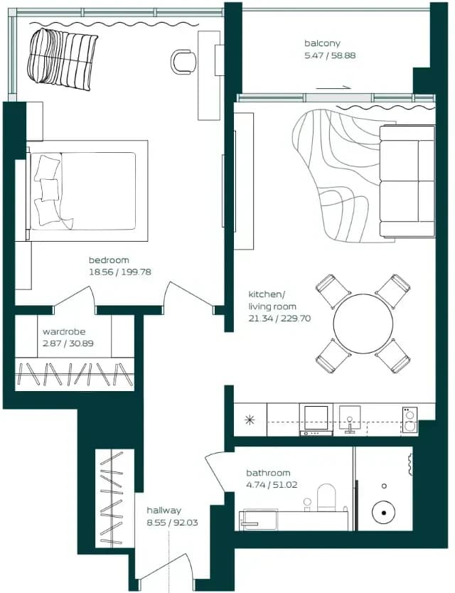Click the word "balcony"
click(x=322, y=43)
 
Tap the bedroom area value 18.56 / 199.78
click(x=120, y=272)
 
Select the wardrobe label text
click(x=64, y=331)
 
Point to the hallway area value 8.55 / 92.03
click(x=172, y=523)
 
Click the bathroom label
click(x=268, y=473)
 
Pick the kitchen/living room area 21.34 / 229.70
click(x=279, y=319)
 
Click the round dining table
click(x=363, y=324)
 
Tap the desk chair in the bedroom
click(x=184, y=61)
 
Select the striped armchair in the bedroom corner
click(x=63, y=59)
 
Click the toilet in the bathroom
click(x=326, y=497)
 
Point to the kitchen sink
click(x=350, y=419)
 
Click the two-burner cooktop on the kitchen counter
click(x=409, y=420)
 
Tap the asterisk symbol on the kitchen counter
click(x=250, y=420)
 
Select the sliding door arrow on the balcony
click(x=334, y=87)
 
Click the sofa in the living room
click(x=407, y=181)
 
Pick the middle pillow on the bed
click(x=49, y=190)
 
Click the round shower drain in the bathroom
click(x=383, y=513)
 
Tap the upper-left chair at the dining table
click(x=333, y=292)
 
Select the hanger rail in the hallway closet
click(x=112, y=498)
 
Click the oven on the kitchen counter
click(x=316, y=420)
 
